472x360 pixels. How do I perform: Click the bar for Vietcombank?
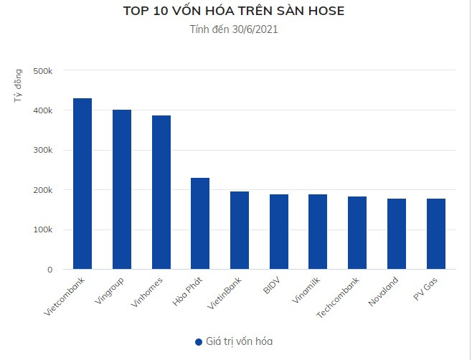coord(82,184)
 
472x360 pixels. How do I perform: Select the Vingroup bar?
coord(122,189)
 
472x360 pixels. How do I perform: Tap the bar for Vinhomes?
coord(161,192)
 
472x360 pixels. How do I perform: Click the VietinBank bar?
coord(240,230)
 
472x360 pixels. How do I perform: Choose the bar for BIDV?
coord(279,232)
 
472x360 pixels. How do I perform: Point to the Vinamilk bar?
coord(318,232)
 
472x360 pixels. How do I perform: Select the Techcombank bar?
coord(357,233)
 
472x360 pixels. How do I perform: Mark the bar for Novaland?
coord(397,234)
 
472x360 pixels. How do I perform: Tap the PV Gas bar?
coord(435,234)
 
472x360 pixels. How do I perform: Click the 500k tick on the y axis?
coord(42,71)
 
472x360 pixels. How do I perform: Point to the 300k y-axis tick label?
coord(42,151)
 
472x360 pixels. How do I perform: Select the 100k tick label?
coord(42,230)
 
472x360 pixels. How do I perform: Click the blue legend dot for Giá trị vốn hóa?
coord(199,342)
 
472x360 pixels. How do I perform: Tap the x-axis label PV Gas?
coord(428,288)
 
